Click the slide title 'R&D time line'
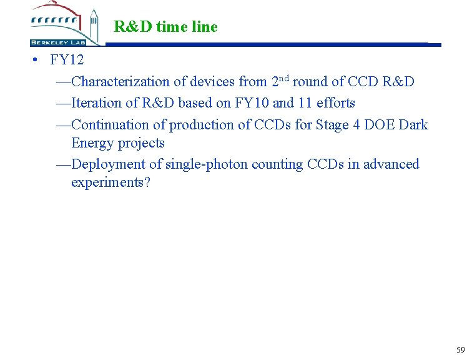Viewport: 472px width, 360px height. point(165,27)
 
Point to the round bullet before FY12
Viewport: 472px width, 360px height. point(38,61)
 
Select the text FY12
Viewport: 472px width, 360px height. point(67,61)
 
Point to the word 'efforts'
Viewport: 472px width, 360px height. point(336,103)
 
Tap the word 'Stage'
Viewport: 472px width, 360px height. point(331,125)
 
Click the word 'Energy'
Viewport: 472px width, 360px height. point(92,143)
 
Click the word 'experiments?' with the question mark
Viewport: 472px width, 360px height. point(111,182)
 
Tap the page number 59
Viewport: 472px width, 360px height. point(461,349)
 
